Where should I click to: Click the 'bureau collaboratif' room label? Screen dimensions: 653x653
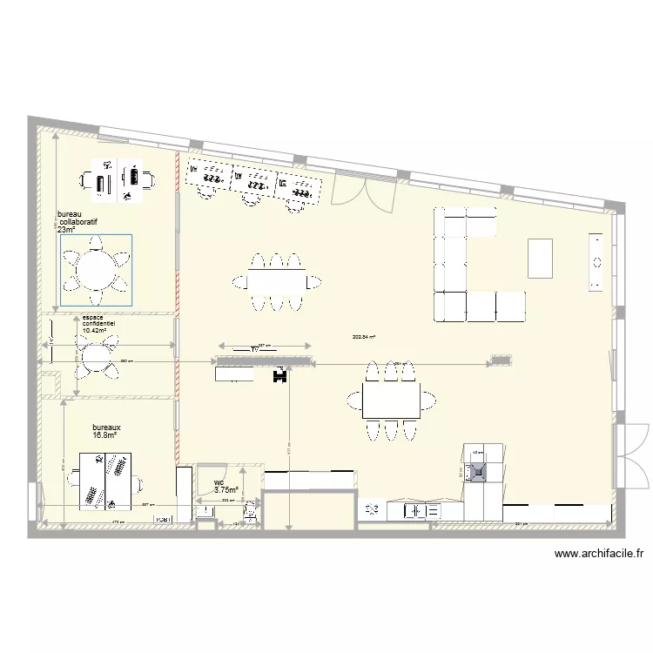tap(77, 222)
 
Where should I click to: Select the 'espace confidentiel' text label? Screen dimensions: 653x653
tap(98, 324)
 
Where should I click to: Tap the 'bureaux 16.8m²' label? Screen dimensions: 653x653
tap(106, 432)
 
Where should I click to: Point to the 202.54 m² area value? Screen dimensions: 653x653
tap(364, 336)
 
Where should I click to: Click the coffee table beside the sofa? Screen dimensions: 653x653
tap(540, 259)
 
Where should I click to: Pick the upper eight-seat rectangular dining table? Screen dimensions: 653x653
tap(276, 280)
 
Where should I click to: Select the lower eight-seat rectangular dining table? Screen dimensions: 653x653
tap(391, 401)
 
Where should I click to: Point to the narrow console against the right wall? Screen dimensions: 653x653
tap(596, 261)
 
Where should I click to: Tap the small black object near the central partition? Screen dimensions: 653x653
tap(280, 375)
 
